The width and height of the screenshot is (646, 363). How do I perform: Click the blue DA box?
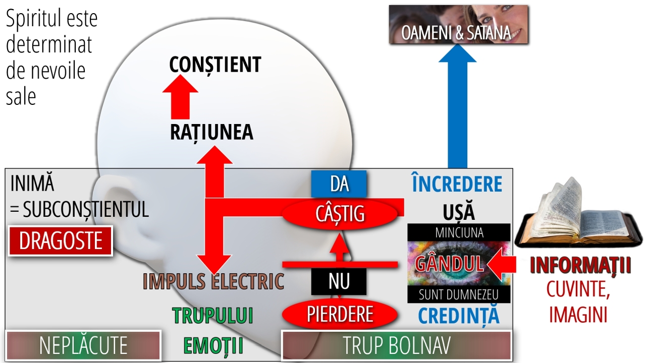(339, 184)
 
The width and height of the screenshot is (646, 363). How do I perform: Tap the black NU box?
(339, 281)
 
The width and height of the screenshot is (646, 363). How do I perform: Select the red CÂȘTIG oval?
(340, 214)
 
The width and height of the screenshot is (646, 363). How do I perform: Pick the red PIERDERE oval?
(340, 314)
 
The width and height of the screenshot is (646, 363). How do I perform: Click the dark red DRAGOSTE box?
(61, 241)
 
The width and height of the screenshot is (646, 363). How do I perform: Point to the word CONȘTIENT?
(215, 65)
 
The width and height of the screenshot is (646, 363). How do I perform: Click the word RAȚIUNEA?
(211, 133)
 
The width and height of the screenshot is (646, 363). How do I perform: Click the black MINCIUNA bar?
(459, 232)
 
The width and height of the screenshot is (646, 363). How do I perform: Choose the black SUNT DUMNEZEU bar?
(459, 294)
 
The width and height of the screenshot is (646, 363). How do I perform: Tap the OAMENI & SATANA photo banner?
(459, 25)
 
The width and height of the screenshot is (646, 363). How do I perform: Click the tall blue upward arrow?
(457, 106)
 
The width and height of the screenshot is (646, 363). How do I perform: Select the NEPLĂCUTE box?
(83, 345)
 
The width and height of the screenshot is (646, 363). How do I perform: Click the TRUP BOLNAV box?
(397, 345)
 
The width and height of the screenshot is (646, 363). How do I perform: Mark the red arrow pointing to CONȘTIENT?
(180, 97)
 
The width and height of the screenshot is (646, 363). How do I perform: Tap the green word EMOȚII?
(213, 345)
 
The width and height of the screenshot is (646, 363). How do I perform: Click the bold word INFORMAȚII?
(580, 265)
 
